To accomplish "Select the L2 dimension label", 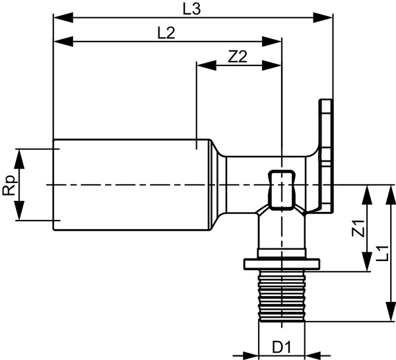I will coord(166,33).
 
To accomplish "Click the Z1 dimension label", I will coord(358,229).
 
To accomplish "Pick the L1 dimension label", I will coord(381,253).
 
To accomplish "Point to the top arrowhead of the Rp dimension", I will coord(20,155).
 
